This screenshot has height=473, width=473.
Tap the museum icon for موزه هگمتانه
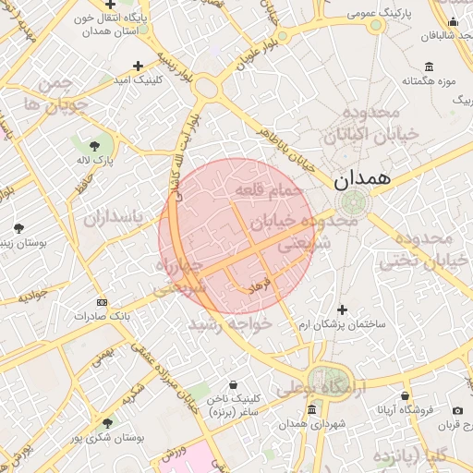tap(429, 67)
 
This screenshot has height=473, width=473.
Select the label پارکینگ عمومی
tap(377, 14)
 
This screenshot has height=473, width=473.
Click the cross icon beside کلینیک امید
tap(138, 66)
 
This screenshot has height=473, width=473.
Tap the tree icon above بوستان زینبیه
tap(19, 227)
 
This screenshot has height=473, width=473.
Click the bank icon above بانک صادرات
tap(102, 302)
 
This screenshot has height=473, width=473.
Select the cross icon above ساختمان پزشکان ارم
tap(342, 309)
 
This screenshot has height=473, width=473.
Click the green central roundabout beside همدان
tap(352, 201)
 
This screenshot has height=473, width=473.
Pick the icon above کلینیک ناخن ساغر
tap(232, 384)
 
